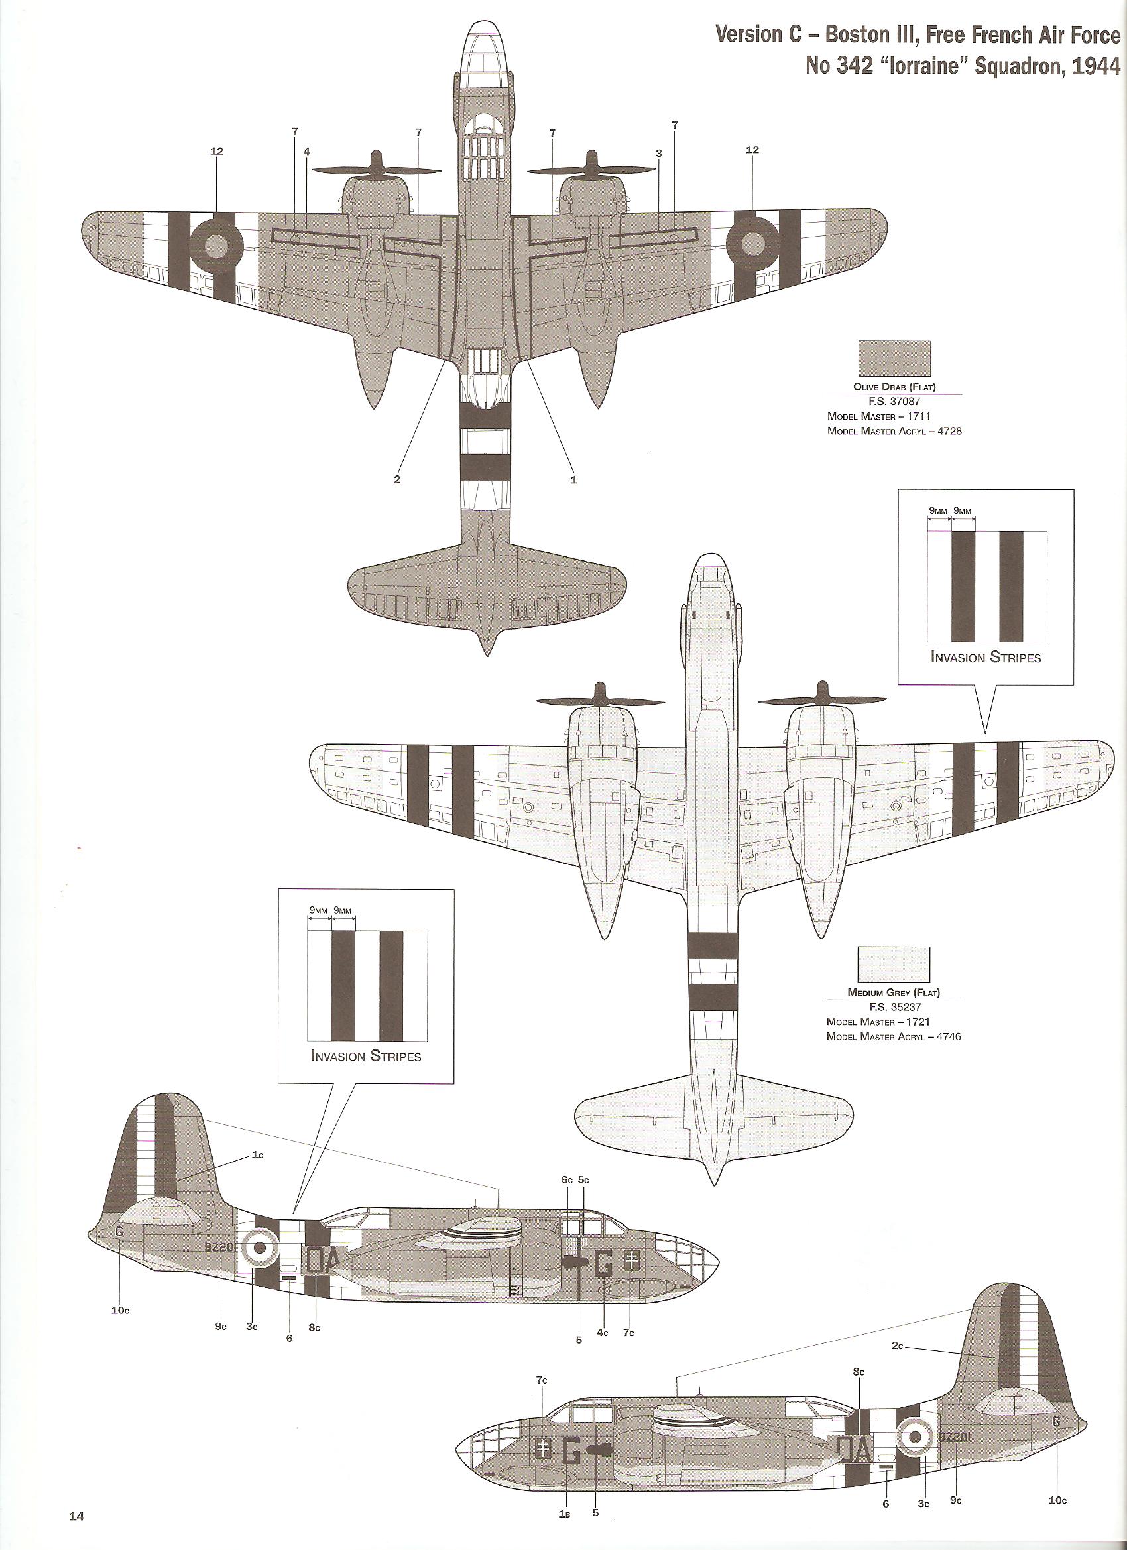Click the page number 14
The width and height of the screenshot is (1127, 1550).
click(x=76, y=1530)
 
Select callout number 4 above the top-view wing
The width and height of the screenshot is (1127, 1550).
click(x=307, y=152)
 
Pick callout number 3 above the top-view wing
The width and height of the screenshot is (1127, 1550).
click(x=659, y=154)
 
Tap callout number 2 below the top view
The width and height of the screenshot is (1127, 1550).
click(x=397, y=479)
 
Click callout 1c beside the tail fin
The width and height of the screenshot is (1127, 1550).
click(x=258, y=1154)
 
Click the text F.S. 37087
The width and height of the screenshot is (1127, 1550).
click(x=894, y=402)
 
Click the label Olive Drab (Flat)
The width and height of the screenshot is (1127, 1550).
click(x=894, y=387)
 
